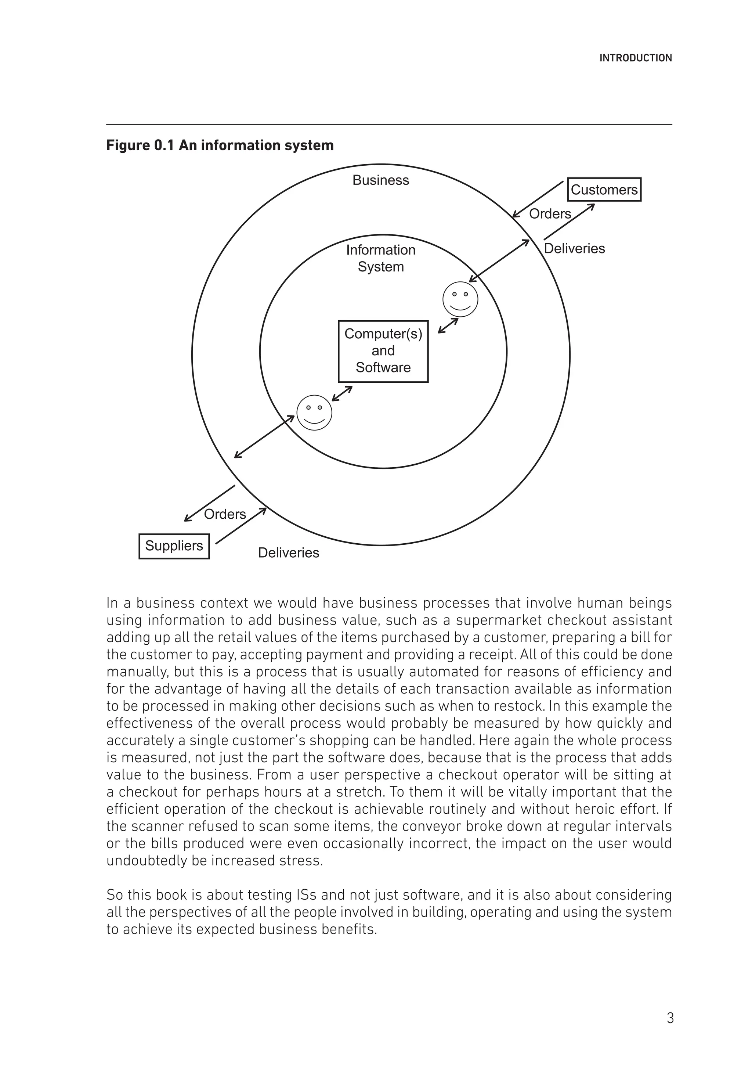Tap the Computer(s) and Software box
[x=383, y=351]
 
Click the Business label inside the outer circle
[x=380, y=180]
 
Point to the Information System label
[x=380, y=258]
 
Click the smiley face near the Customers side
[x=460, y=299]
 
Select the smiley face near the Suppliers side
[x=314, y=413]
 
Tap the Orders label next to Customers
[x=550, y=214]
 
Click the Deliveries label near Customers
[x=574, y=248]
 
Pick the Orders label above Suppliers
[x=225, y=514]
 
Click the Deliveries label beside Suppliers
[x=288, y=553]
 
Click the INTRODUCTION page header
[x=635, y=58]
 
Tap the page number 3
[x=670, y=1018]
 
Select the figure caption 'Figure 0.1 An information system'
[x=220, y=145]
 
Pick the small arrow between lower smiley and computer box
[x=342, y=393]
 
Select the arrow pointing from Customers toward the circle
[x=538, y=199]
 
